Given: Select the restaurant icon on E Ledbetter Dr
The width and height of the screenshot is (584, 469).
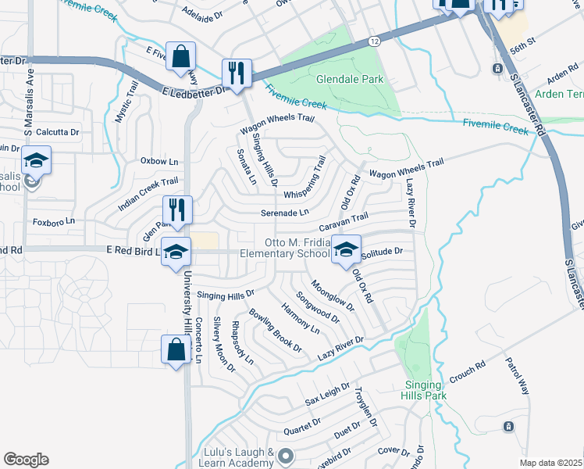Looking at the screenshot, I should coord(235,73).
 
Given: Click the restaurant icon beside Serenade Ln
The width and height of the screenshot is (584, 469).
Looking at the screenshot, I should coord(177,209).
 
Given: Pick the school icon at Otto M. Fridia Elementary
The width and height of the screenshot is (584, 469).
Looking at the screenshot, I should coord(346,249).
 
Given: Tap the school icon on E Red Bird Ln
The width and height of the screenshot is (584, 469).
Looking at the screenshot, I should coord(176,252).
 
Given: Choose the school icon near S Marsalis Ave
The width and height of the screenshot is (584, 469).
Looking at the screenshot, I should coord(36,160).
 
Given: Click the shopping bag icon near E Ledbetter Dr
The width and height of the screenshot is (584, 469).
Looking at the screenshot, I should coord(180,56).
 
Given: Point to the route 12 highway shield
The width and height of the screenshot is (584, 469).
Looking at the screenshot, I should coord(376,40).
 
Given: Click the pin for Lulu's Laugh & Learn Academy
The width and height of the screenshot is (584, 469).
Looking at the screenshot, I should coord(287,455).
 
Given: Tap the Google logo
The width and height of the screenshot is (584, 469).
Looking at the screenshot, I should coord(26,459).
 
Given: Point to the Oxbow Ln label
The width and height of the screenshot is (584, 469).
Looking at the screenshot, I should coord(159,161).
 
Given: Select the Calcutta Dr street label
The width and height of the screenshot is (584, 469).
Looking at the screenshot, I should coord(57,132).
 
